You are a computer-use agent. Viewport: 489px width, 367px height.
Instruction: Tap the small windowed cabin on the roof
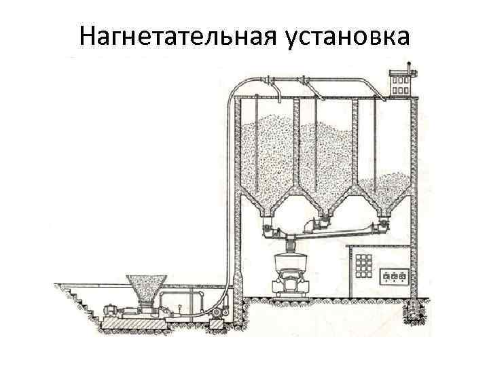click(401, 83)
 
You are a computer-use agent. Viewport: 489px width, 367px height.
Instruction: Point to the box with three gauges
click(395, 277)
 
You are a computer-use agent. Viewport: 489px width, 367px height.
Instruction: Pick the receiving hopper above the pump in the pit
click(145, 288)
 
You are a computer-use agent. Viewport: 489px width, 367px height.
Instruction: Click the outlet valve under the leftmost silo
click(266, 226)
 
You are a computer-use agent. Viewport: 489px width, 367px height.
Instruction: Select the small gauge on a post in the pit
click(178, 308)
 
